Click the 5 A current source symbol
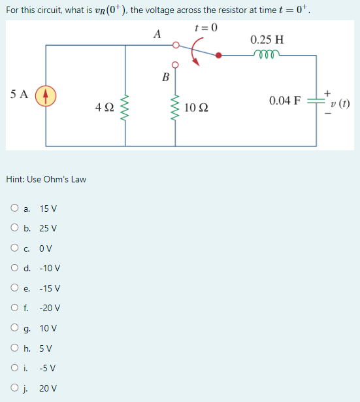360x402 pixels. point(46,95)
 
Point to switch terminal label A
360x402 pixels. point(157,35)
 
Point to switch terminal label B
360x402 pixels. point(165,77)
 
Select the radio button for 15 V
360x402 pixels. point(14,209)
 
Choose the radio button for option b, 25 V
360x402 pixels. point(14,228)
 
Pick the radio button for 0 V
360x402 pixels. point(14,248)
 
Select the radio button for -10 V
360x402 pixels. point(14,268)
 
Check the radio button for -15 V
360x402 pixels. point(14,288)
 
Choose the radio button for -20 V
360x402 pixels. point(14,308)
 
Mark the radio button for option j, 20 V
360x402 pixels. point(14,388)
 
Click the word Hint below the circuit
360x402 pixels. point(16,179)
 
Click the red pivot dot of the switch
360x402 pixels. point(219,56)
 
